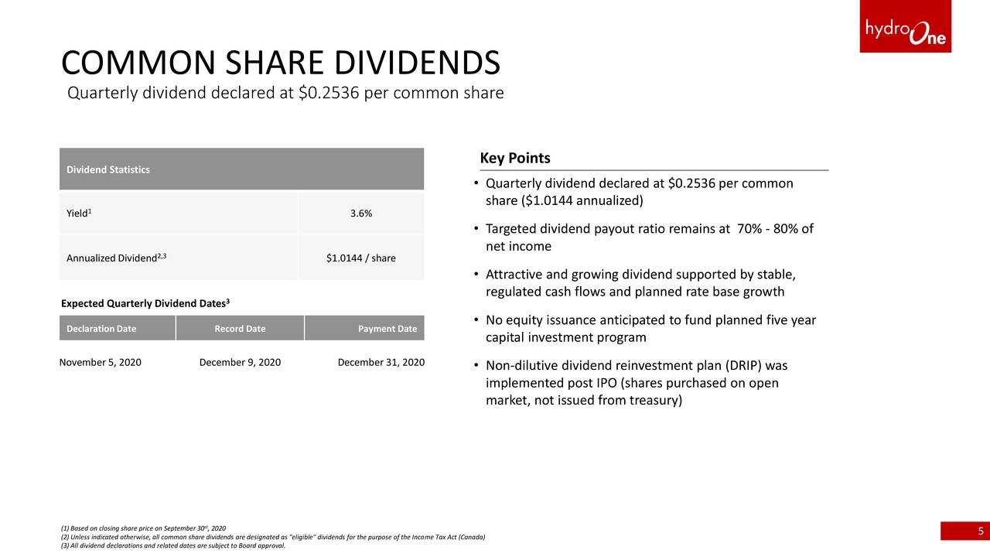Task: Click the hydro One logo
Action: point(905,26)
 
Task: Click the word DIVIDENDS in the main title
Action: point(417,63)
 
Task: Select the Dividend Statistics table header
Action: point(108,169)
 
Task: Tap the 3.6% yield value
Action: point(361,214)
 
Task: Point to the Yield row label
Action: point(79,213)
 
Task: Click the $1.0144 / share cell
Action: point(361,258)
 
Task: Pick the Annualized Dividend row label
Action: point(116,258)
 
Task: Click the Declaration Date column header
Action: point(101,329)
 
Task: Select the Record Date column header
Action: point(240,329)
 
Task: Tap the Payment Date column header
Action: point(387,329)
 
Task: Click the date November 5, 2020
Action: point(101,363)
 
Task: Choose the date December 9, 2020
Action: point(240,363)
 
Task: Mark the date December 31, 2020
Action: point(381,363)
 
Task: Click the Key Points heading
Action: point(515,158)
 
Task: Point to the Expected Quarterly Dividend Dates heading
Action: point(145,303)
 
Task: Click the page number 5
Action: point(981,531)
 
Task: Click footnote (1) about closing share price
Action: point(143,528)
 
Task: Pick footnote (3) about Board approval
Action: point(172,545)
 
